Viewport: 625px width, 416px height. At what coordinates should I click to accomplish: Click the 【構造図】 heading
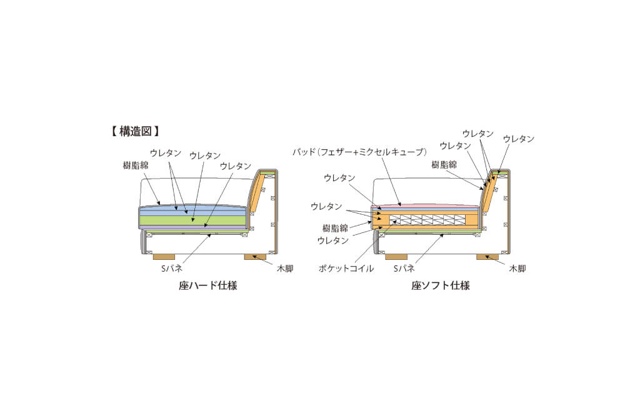click(135, 131)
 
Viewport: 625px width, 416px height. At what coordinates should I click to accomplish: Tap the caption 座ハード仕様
click(207, 285)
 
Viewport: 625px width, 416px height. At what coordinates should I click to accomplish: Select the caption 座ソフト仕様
click(441, 285)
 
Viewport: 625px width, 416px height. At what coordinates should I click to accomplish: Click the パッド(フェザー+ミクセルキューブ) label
click(360, 152)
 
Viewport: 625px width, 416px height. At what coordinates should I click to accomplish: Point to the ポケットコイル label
click(346, 268)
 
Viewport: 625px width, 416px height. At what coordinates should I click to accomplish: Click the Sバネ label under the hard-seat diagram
click(172, 268)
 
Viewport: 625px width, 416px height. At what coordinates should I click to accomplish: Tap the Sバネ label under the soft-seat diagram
click(404, 268)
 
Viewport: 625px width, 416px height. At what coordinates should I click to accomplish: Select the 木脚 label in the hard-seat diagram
click(285, 268)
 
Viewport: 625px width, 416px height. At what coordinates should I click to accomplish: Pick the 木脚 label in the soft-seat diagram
click(517, 268)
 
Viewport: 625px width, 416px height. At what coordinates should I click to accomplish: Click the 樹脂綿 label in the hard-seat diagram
click(136, 164)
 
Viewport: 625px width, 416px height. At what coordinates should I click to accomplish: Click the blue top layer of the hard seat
click(192, 210)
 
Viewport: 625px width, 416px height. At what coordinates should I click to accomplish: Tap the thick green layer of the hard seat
click(192, 220)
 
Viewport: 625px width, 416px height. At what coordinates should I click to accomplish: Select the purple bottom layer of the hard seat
click(192, 227)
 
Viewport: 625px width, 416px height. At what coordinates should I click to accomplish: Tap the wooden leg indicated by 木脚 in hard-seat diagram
click(255, 257)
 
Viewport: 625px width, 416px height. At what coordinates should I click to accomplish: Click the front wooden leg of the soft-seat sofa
click(396, 257)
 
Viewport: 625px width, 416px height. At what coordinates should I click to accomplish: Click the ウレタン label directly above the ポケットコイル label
click(333, 240)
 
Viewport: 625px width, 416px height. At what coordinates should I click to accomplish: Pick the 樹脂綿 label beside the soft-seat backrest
click(444, 164)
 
